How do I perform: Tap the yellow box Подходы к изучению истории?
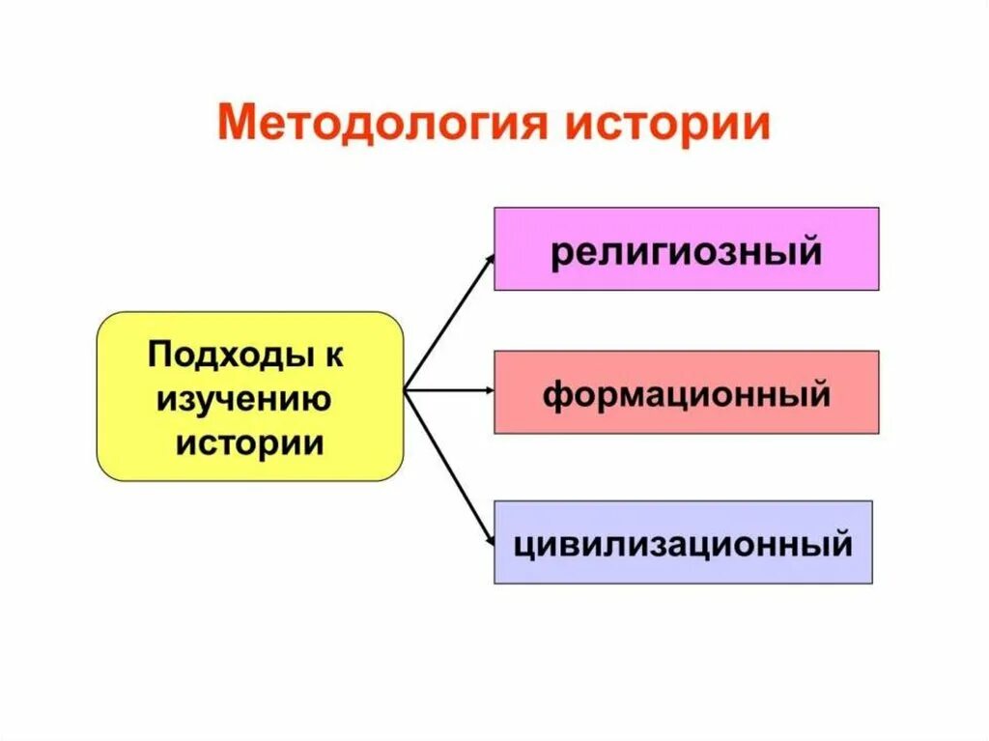pyautogui.click(x=249, y=396)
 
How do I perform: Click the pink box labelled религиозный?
pyautogui.click(x=686, y=248)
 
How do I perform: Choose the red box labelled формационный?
pyautogui.click(x=686, y=391)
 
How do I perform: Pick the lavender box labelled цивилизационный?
pyautogui.click(x=683, y=541)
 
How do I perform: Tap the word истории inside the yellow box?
pyautogui.click(x=248, y=442)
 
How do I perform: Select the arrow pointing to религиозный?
pyautogui.click(x=449, y=323)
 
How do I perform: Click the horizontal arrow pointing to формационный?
pyautogui.click(x=449, y=390)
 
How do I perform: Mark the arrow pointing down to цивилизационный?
pyautogui.click(x=449, y=463)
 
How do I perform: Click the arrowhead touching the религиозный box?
pyautogui.click(x=489, y=259)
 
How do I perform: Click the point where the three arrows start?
pyautogui.click(x=406, y=390)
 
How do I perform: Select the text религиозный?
pyautogui.click(x=686, y=251)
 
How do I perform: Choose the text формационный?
pyautogui.click(x=686, y=394)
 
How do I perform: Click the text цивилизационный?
pyautogui.click(x=683, y=544)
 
